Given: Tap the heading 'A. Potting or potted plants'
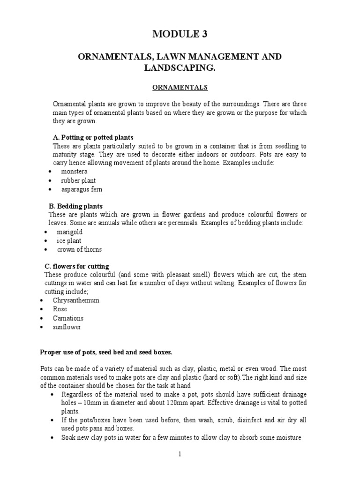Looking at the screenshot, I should point(93,137).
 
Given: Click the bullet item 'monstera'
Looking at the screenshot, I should point(74,172).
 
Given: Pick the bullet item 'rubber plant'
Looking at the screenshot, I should point(78,180).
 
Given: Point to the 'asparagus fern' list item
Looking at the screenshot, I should point(81,189).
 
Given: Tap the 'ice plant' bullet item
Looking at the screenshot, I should point(69,240).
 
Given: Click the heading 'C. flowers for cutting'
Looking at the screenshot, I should point(76,266).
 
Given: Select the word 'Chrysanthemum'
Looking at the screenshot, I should point(76,300).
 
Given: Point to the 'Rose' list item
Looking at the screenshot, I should point(60,309).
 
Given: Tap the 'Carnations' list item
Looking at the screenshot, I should point(68,318).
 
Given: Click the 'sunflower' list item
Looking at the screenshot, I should point(67,327).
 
